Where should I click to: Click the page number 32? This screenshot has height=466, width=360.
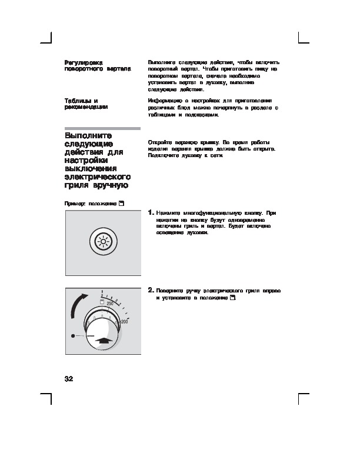pos(68,378)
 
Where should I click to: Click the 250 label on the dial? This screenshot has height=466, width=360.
pos(110,302)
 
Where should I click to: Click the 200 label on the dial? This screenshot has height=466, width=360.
pos(124,322)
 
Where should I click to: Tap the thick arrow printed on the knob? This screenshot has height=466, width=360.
pos(103,339)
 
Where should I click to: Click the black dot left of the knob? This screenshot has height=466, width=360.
pos(72,335)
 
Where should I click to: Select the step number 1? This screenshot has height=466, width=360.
pos(151,212)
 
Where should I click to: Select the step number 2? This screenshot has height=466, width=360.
pos(151,290)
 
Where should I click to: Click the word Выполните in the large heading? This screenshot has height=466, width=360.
pos(88,136)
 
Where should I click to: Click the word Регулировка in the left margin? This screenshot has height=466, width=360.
pos(84,62)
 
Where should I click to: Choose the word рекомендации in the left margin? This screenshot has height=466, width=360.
pos(86,108)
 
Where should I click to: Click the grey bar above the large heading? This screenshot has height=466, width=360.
pos(102,128)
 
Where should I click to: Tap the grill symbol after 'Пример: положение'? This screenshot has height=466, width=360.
pos(121,203)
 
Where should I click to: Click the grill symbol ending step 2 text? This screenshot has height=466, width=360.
pos(233,298)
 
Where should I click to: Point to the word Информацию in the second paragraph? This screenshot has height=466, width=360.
pos(166,101)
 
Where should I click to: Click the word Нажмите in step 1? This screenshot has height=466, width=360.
pos(168,212)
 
